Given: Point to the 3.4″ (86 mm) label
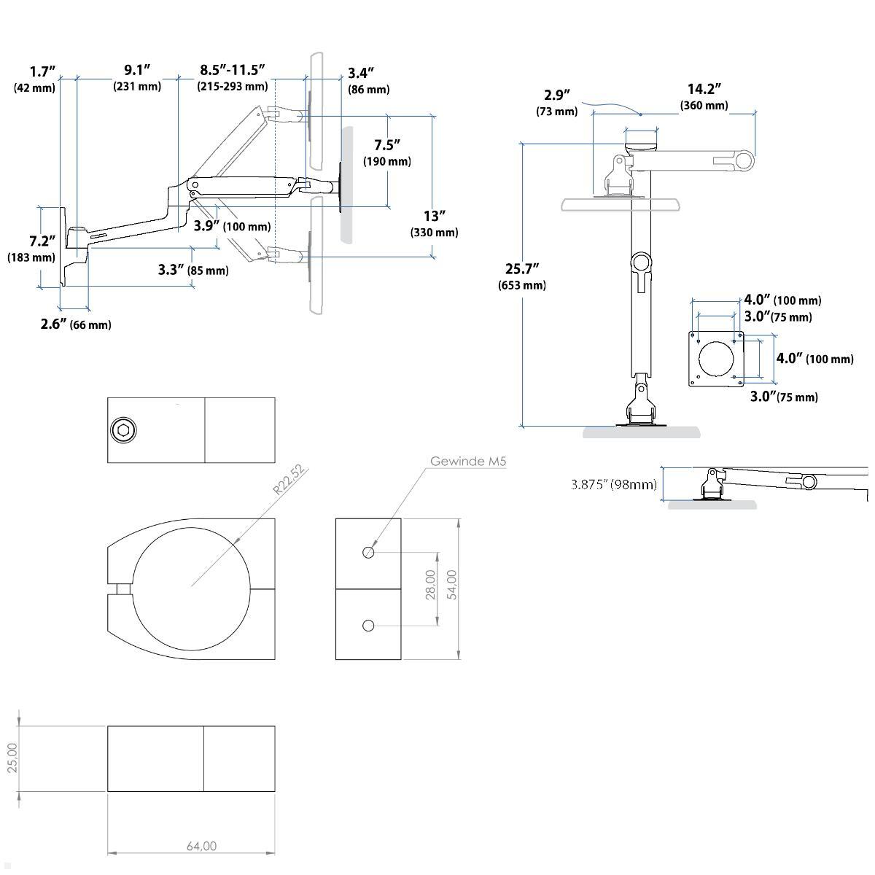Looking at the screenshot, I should coord(367,80).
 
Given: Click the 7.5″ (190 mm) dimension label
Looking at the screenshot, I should coord(387,152).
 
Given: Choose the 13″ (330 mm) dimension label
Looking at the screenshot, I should coord(435,224).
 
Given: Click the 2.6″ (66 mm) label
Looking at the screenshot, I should coord(76,324).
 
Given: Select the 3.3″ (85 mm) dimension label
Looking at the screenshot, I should coord(192,270).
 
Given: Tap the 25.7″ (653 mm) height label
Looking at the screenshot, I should coord(522,276).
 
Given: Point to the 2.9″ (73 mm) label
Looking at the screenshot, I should coord(556,102).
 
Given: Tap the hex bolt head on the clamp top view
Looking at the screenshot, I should coord(122,431).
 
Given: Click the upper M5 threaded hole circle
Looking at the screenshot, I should coord(368,552).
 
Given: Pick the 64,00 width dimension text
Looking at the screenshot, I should coord(201,846).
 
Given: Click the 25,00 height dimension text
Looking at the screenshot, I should coord(11,758).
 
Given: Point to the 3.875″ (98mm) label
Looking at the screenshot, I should coord(613,484).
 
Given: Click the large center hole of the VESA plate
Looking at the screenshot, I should coord(717,359).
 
